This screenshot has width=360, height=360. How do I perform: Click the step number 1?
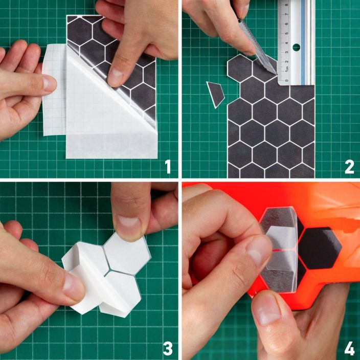coord(168,167)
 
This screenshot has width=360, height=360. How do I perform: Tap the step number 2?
coord(349,167)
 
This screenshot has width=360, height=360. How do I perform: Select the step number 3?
coord(168,348)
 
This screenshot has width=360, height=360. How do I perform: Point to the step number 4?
coord(349,348)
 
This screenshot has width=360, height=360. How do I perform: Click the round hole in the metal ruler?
coord(296,48)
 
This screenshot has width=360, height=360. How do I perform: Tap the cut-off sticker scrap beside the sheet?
coord(215,95)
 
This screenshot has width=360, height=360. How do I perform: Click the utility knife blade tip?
coord(276,74)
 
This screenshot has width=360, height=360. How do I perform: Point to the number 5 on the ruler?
coord(286,33)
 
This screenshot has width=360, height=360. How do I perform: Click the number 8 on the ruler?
coord(286,5)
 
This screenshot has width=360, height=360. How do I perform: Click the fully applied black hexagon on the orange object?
coord(320,248)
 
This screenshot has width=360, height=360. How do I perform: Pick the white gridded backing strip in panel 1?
coord(54,89)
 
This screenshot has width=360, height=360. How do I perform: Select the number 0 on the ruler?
coord(286,80)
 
